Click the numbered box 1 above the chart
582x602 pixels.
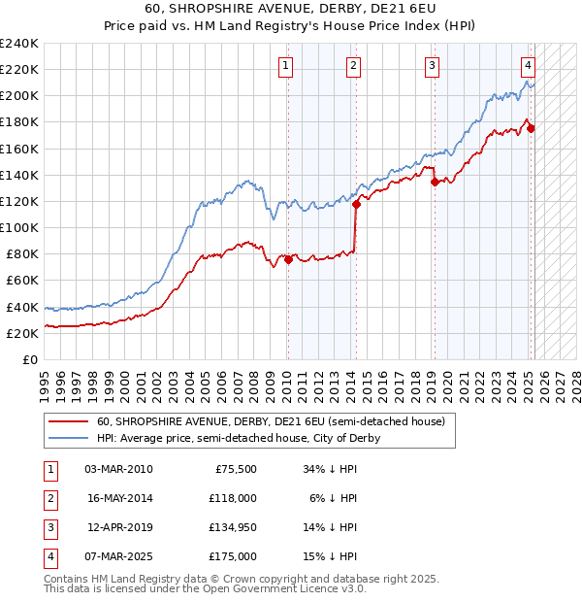pos(287,66)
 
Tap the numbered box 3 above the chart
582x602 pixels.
pos(432,66)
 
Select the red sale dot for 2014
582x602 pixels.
pos(356,204)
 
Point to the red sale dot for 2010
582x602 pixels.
pos(288,259)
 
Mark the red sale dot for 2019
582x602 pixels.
pos(435,182)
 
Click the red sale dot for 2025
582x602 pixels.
pos(531,128)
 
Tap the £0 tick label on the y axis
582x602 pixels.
pos(30,359)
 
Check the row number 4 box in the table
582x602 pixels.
pos(49,556)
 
